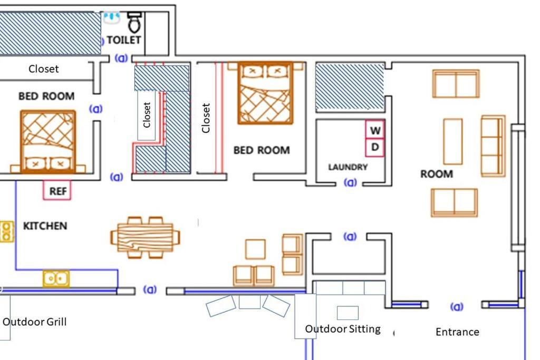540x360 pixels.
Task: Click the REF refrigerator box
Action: click(x=57, y=190)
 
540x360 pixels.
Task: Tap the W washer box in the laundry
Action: click(x=375, y=130)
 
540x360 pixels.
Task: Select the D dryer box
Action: click(x=375, y=148)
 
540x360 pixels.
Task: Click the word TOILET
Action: click(x=123, y=40)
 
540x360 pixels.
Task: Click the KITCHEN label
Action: click(x=45, y=226)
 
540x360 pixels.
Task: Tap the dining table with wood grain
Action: click(x=145, y=238)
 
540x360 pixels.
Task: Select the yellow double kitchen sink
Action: click(x=56, y=279)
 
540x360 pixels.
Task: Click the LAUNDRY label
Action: click(x=348, y=167)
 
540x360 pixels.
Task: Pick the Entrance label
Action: click(x=457, y=332)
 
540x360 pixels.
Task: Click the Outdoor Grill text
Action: click(x=34, y=322)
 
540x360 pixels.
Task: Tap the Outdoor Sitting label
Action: click(x=343, y=329)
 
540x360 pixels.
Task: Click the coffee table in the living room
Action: click(x=453, y=141)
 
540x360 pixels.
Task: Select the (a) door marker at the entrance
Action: click(x=457, y=306)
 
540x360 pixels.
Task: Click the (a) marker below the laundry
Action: click(x=350, y=182)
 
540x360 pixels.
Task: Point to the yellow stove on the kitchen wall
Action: click(x=6, y=231)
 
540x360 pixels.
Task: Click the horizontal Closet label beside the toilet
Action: click(x=43, y=69)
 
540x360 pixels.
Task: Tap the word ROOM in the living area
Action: click(x=437, y=174)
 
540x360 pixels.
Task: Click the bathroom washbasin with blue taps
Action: click(x=112, y=17)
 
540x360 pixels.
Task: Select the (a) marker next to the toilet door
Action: click(x=121, y=58)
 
